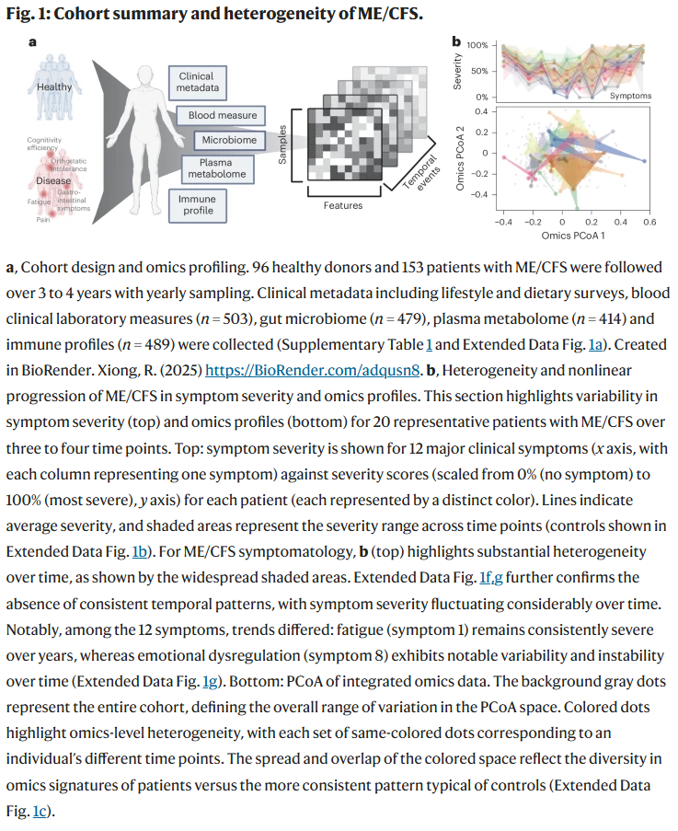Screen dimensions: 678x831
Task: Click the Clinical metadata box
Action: [197, 82]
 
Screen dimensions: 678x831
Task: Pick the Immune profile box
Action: [197, 204]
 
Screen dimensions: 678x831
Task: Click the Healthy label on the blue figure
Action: [54, 87]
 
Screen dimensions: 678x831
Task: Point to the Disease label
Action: [54, 180]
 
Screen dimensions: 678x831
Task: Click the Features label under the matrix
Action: [342, 205]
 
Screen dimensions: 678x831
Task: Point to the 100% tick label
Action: [477, 45]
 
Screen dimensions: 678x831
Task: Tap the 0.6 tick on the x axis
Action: [649, 223]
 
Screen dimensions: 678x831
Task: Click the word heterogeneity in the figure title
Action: [246, 16]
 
